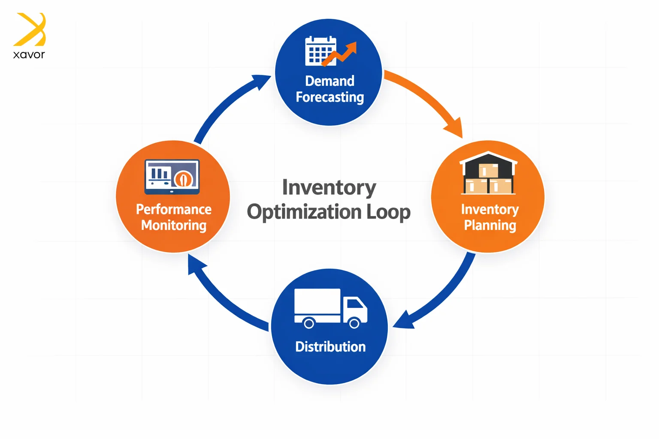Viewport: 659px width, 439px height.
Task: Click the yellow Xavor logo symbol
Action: [x=30, y=30]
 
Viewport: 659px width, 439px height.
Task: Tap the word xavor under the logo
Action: [x=29, y=55]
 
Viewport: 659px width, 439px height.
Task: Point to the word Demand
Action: [x=329, y=81]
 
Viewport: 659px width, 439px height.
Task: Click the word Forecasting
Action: [x=329, y=97]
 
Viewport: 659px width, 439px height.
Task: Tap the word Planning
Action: [x=490, y=226]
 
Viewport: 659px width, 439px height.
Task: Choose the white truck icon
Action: [x=330, y=308]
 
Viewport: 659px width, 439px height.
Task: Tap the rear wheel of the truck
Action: [x=308, y=323]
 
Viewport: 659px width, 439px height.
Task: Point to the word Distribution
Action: [x=330, y=346]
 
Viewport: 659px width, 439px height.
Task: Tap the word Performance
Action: [x=174, y=209]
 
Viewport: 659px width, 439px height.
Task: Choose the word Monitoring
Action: [x=174, y=226]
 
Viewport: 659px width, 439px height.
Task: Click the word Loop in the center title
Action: [x=388, y=212]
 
